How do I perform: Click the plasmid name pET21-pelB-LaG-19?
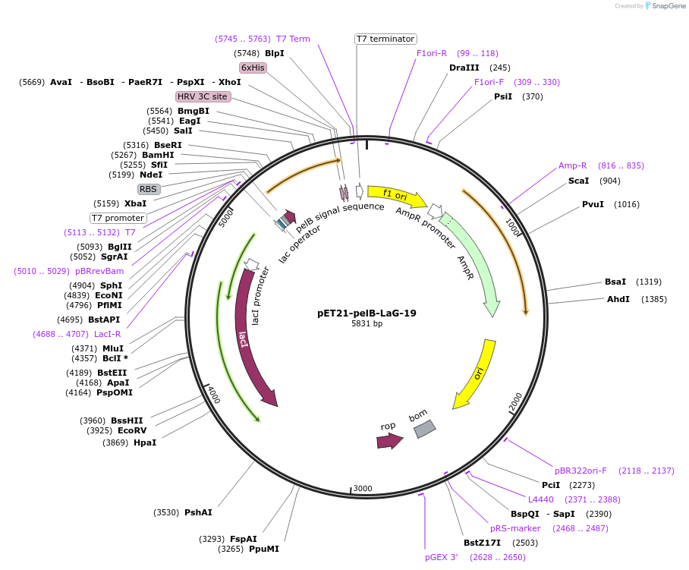pos(367,313)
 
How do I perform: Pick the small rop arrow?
pos(389,441)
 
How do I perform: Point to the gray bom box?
pos(424,429)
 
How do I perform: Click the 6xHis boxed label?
pos(253,68)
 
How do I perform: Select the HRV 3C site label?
pos(203,96)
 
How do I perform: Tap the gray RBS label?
pos(149,189)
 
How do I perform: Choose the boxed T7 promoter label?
pos(118,218)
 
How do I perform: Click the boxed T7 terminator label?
pos(385,39)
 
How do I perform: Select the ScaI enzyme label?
pos(578,181)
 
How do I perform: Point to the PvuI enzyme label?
pos(593,204)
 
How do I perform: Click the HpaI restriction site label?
pos(145,442)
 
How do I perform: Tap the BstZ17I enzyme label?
pos(483,543)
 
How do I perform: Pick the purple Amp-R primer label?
pos(573,165)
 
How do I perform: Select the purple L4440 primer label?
pos(541,499)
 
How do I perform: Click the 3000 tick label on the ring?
pos(363,488)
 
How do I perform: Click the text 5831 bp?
pos(367,324)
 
